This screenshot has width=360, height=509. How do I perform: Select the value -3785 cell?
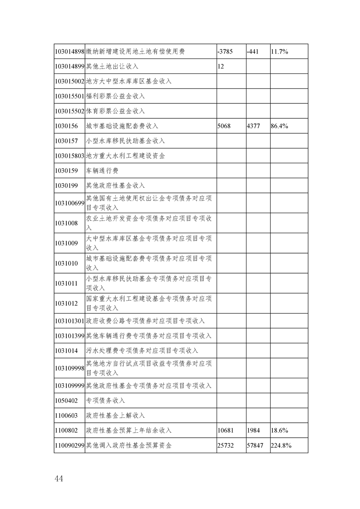(x=226, y=52)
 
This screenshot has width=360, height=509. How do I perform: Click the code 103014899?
(x=69, y=66)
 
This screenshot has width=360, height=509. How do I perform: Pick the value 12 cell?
(x=221, y=66)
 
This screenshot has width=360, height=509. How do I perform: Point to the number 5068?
(x=225, y=126)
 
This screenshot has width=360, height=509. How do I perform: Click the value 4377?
(x=253, y=126)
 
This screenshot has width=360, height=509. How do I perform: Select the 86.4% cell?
(x=280, y=126)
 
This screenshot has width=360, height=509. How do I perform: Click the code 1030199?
(x=66, y=186)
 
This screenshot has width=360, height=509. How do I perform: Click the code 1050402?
(x=66, y=400)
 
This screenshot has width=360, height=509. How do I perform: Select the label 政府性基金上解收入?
(x=115, y=415)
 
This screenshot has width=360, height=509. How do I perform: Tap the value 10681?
(x=226, y=430)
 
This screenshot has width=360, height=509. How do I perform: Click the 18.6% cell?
(x=280, y=430)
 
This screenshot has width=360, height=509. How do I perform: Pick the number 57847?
(x=255, y=445)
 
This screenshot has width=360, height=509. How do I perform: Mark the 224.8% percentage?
(x=281, y=445)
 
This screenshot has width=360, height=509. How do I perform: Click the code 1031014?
(x=66, y=351)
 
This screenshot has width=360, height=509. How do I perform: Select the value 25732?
(x=226, y=445)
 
